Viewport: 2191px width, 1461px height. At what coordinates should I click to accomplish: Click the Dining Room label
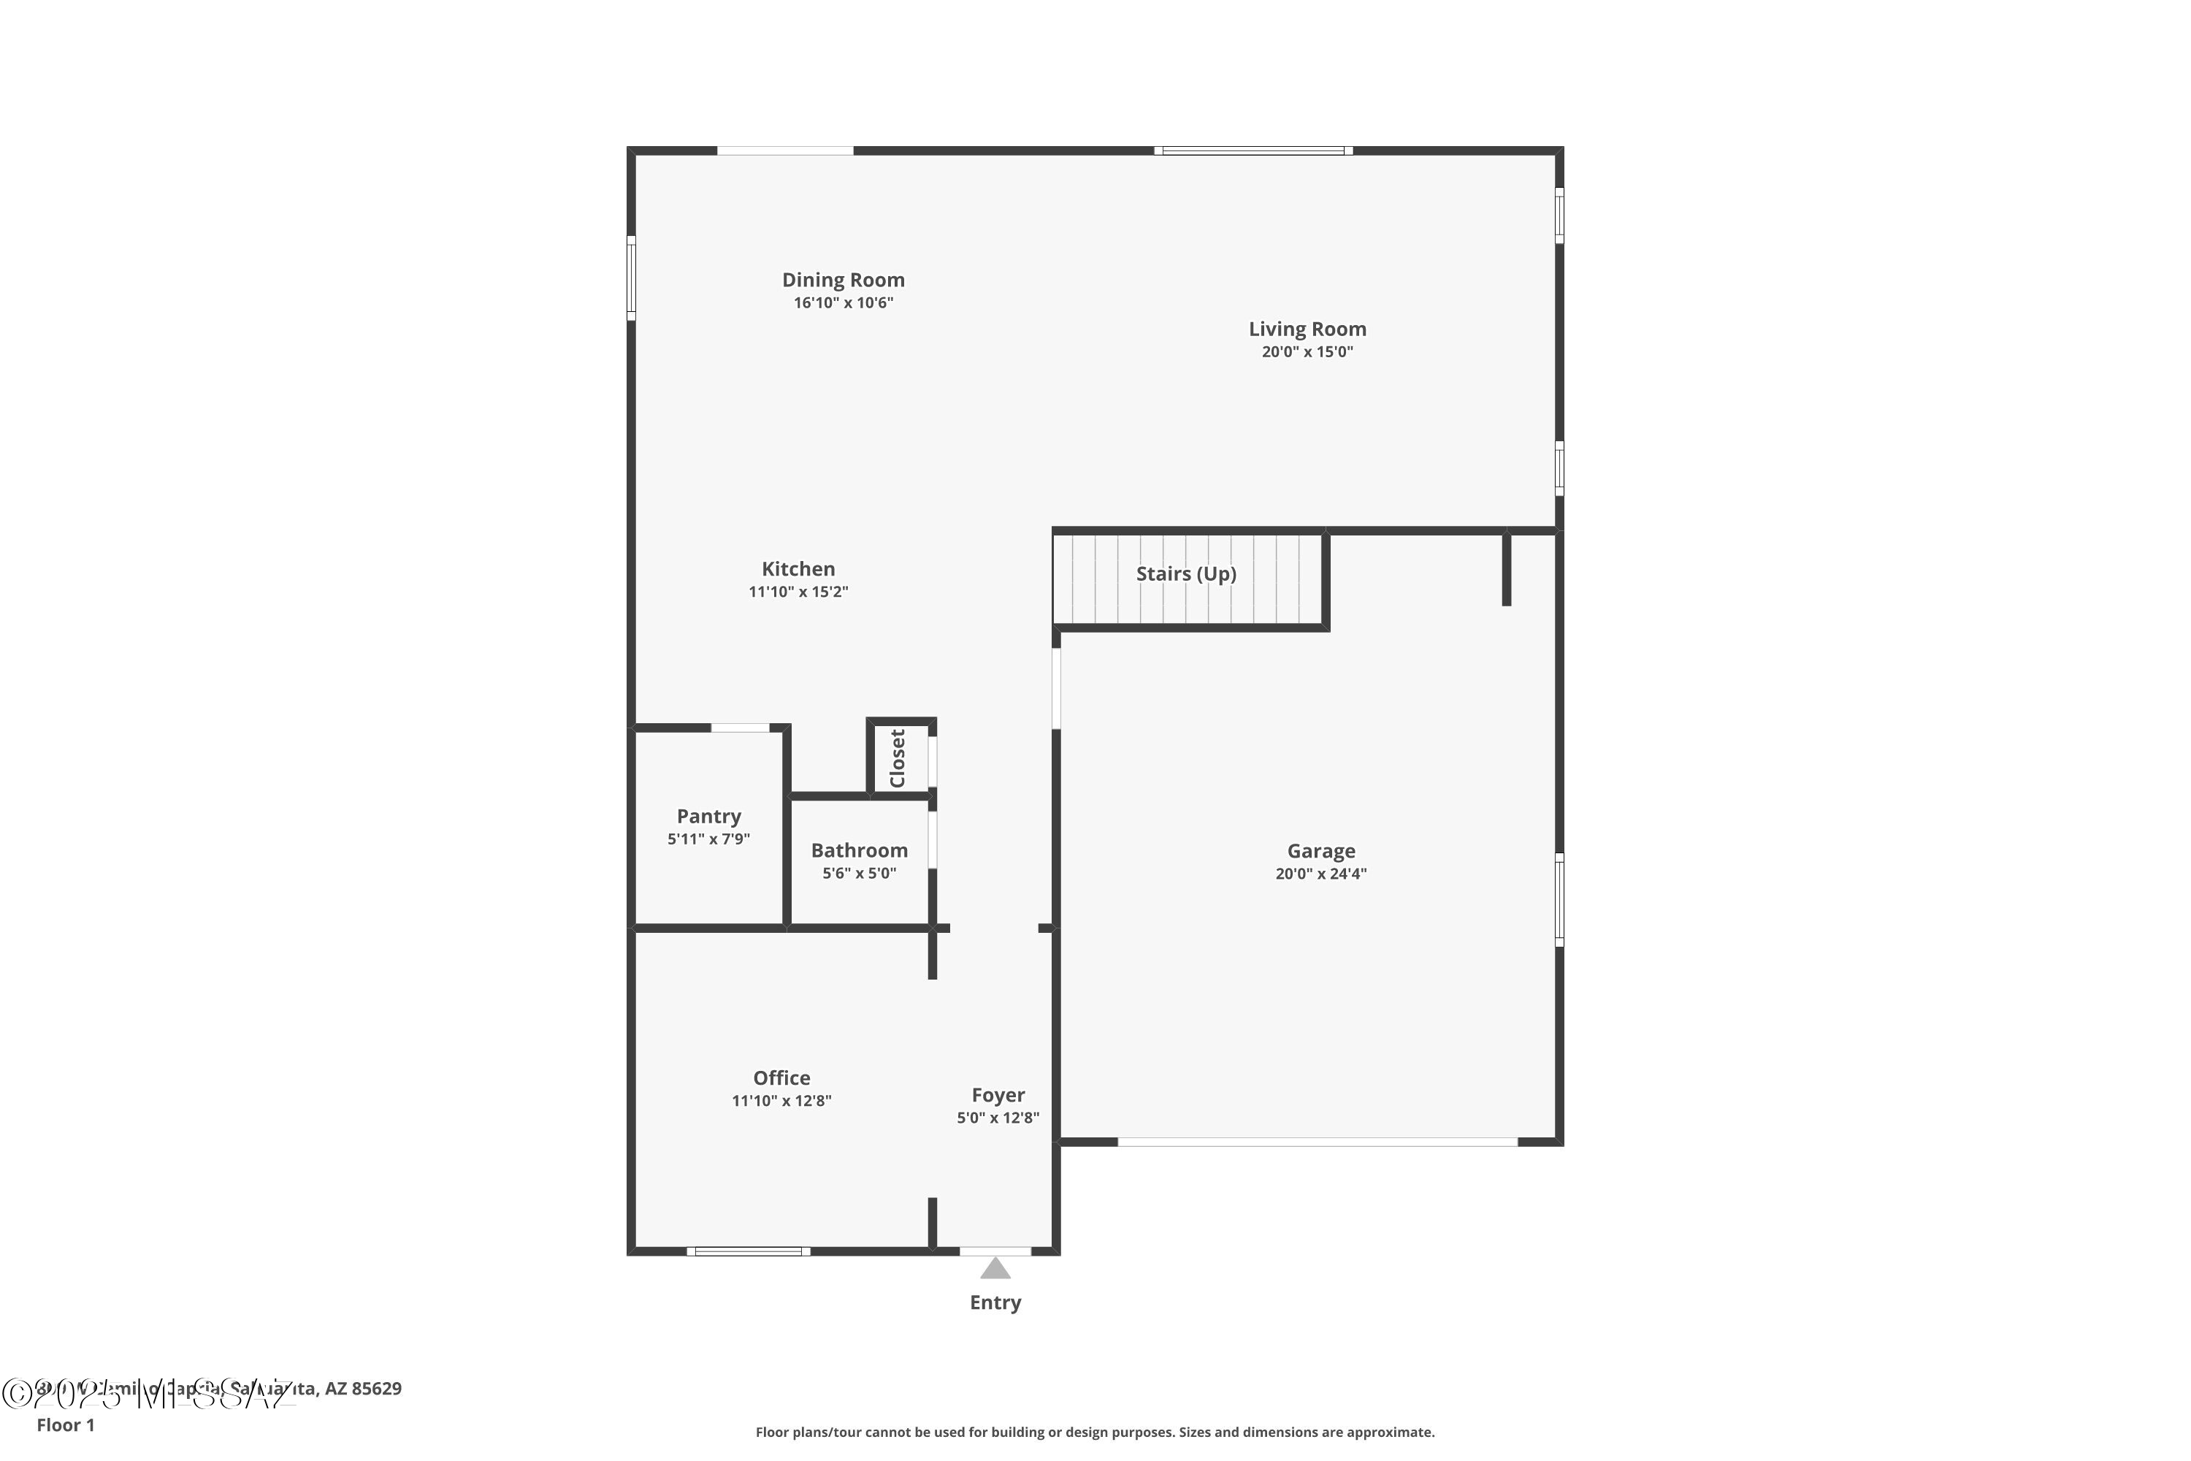[x=843, y=280]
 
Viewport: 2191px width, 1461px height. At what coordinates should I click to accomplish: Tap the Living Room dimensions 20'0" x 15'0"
[x=1307, y=352]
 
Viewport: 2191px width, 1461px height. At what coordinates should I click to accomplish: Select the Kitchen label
[x=798, y=568]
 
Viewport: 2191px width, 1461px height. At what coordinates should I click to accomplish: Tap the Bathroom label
[x=859, y=850]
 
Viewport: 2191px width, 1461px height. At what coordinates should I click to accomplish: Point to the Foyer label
[x=998, y=1095]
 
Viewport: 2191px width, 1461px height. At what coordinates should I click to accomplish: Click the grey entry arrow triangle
[x=995, y=1269]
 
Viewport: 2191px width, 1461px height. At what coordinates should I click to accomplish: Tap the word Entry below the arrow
[x=995, y=1302]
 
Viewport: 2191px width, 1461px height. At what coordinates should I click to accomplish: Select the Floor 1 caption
[x=65, y=1424]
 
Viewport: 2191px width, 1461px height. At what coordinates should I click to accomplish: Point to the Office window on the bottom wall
[x=748, y=1251]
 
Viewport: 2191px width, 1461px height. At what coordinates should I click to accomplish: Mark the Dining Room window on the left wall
[x=631, y=278]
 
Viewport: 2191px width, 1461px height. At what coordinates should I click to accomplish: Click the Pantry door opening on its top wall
[x=740, y=728]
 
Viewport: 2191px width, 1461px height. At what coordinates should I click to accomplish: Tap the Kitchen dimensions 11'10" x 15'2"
[x=798, y=592]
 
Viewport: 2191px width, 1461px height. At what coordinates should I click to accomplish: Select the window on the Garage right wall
[x=1559, y=899]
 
